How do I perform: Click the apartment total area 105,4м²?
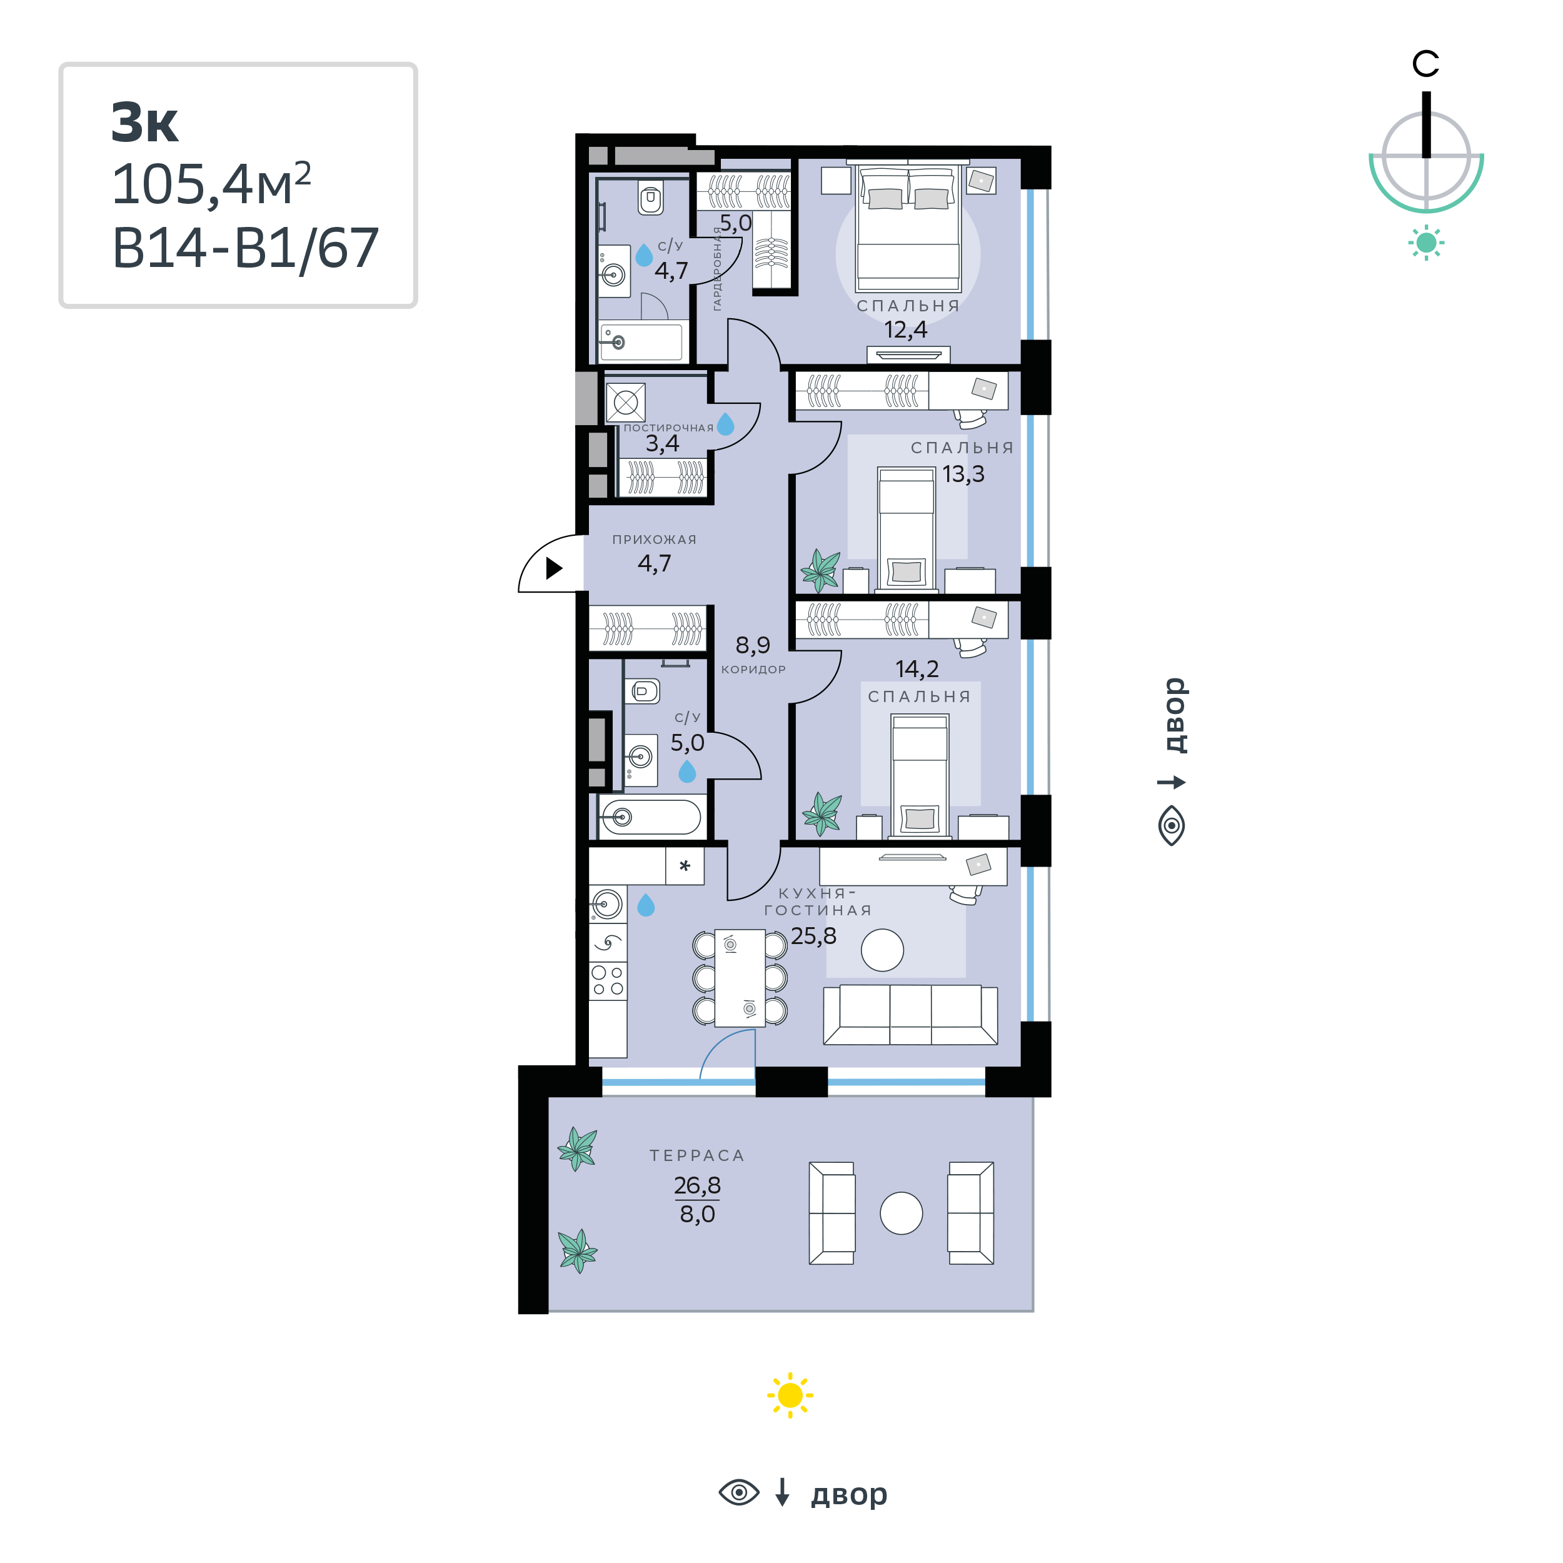point(211,184)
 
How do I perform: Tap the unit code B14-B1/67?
point(245,248)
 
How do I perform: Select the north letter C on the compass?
point(1425,64)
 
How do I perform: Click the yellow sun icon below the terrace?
point(790,1395)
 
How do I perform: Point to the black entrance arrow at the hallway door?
point(554,568)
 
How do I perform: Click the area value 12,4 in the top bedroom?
point(905,330)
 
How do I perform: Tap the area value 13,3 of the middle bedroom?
point(963,474)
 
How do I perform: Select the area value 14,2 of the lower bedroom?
point(917,669)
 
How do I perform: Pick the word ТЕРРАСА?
point(696,1155)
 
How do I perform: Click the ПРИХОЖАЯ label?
point(654,540)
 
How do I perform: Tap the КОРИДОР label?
point(753,669)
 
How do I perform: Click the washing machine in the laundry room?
point(625,402)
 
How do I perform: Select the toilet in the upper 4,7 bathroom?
point(650,196)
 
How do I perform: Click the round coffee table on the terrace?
point(902,1214)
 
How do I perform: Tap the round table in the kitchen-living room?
point(882,950)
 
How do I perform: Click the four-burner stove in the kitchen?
point(608,980)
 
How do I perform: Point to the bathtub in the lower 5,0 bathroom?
point(650,817)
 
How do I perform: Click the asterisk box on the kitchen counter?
point(685,866)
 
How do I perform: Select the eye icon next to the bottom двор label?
point(738,1492)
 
